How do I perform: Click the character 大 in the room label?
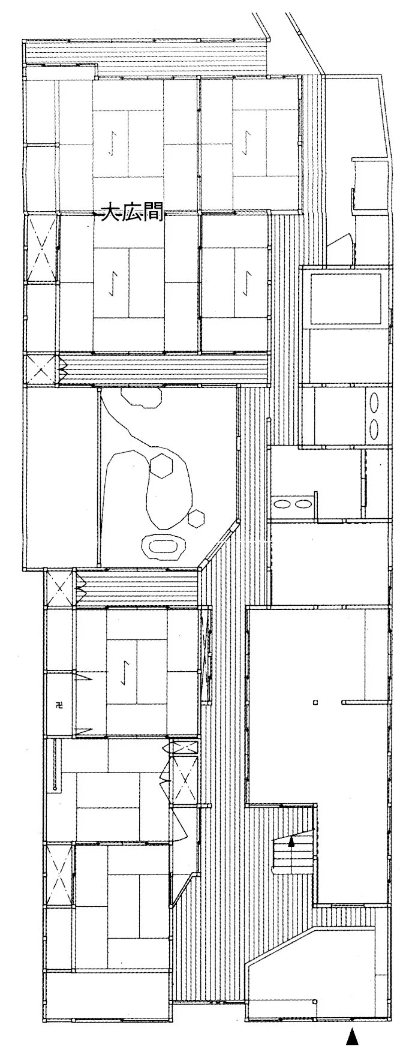110,213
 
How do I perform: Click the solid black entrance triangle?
353,1036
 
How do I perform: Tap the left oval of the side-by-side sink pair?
280,503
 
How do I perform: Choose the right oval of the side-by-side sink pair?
300,503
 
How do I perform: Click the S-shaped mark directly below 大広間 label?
115,281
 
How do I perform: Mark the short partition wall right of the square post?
366,701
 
